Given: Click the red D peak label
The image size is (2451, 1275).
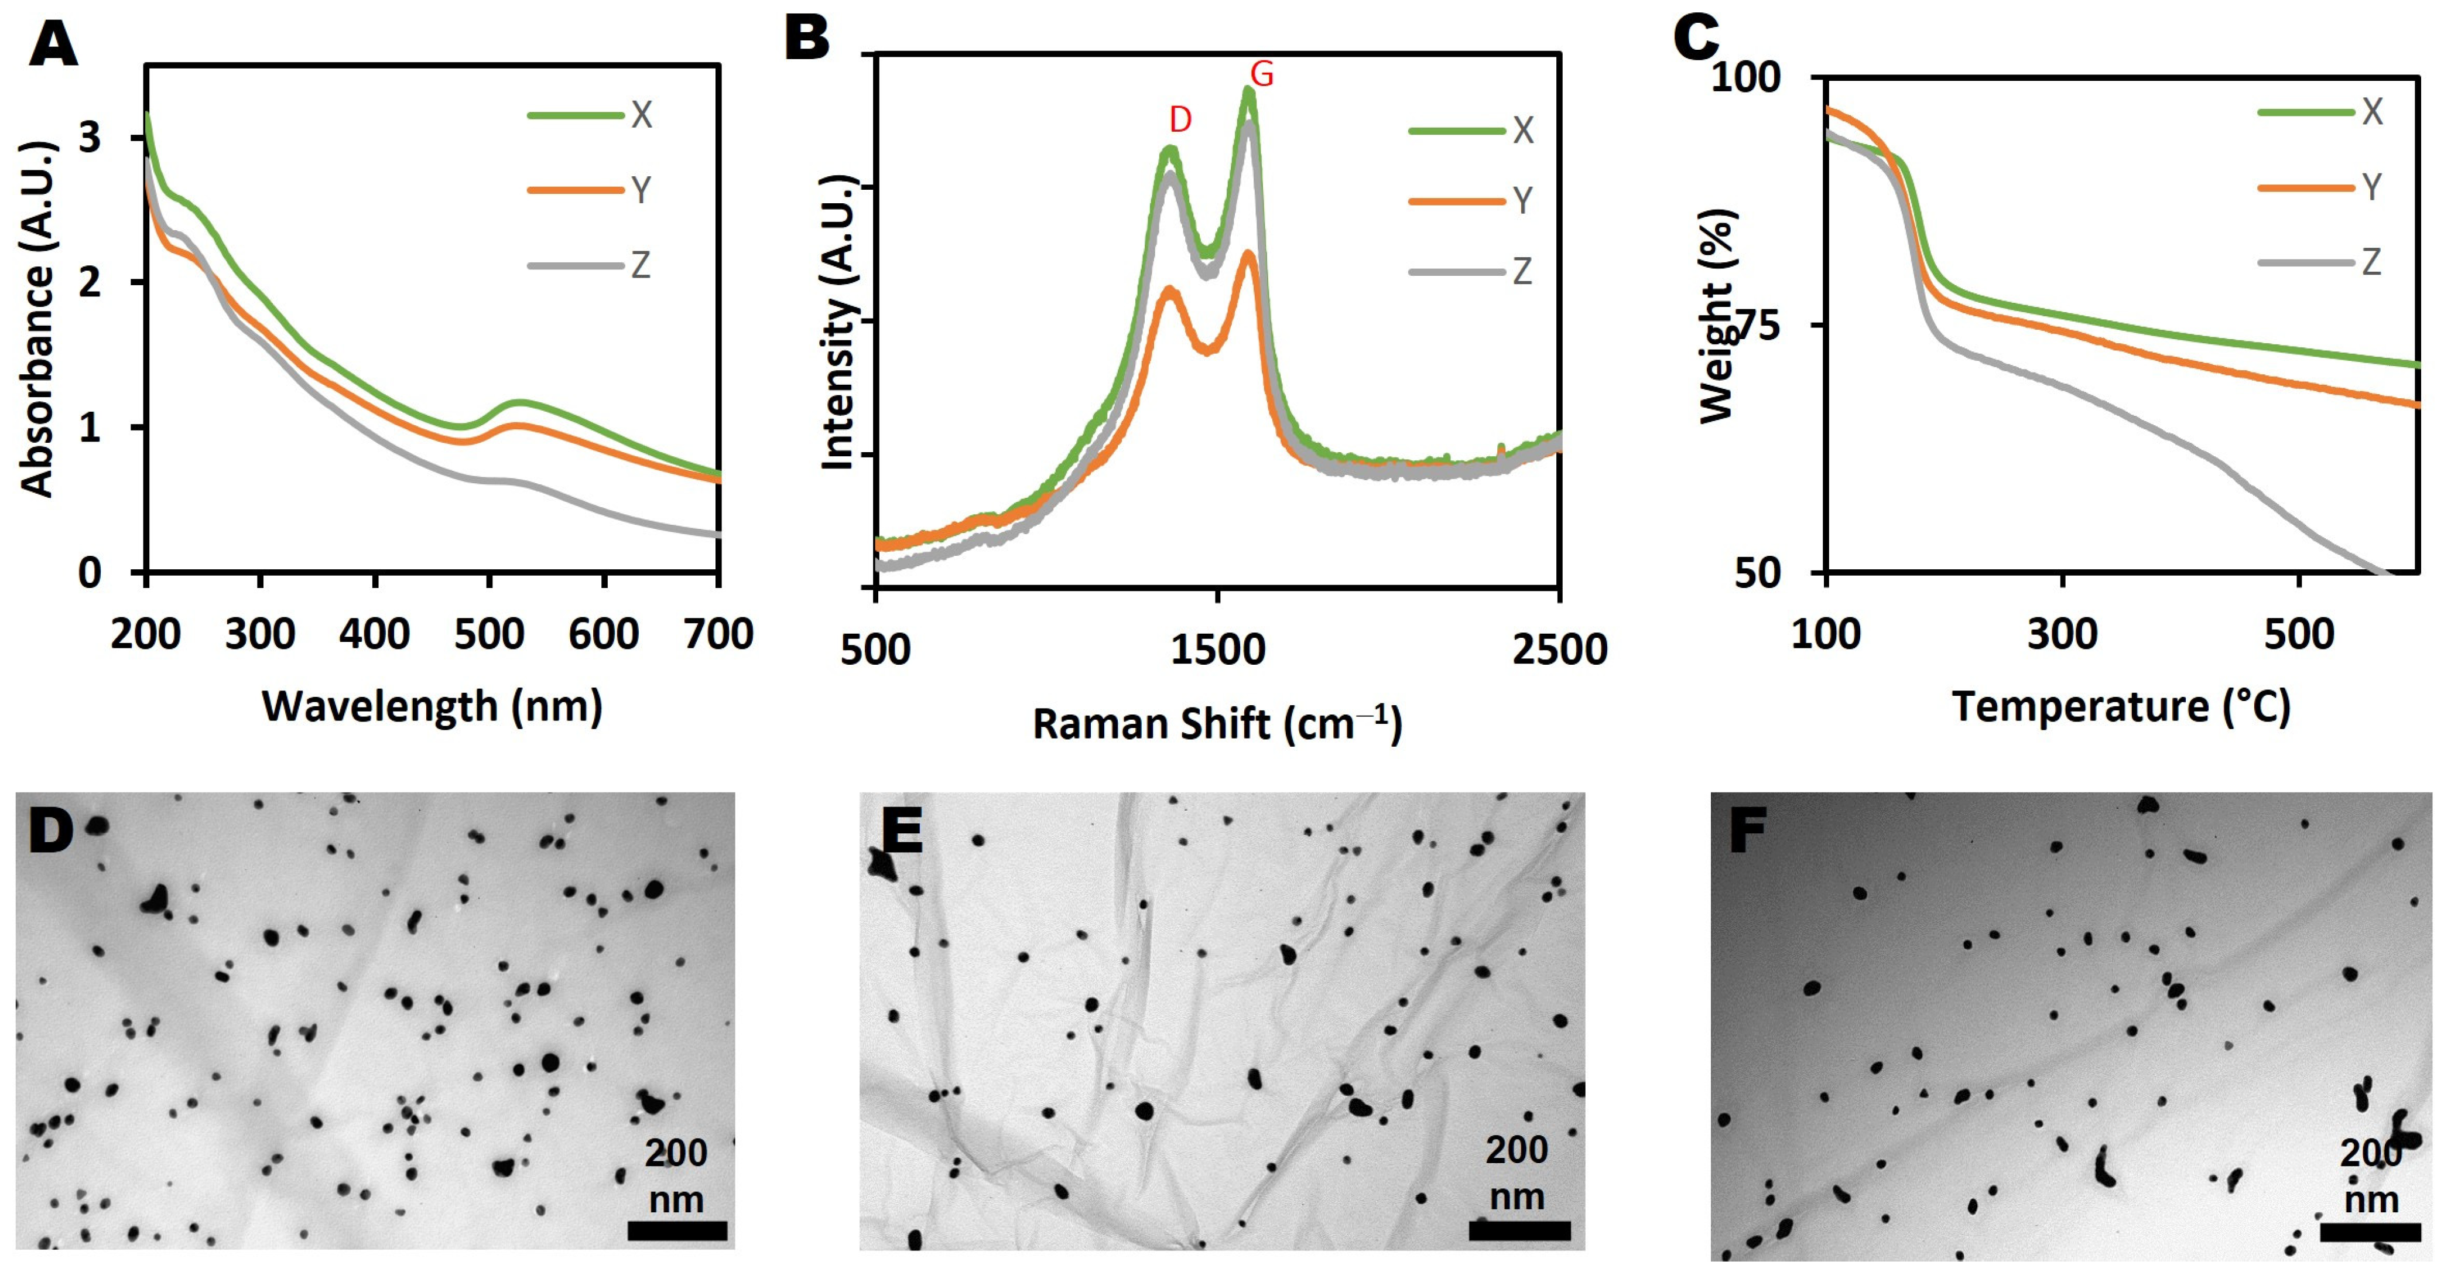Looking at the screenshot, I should (1180, 120).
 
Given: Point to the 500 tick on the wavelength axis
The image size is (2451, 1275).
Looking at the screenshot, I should (489, 634).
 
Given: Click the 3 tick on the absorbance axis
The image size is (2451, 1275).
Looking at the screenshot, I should (90, 138).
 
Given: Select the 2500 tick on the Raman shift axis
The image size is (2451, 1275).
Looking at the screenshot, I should (1559, 650).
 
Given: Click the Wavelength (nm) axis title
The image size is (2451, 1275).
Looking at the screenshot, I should (432, 707).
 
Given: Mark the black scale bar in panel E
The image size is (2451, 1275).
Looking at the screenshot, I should (1519, 1231).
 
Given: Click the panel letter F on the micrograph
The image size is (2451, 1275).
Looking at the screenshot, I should (1747, 830).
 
